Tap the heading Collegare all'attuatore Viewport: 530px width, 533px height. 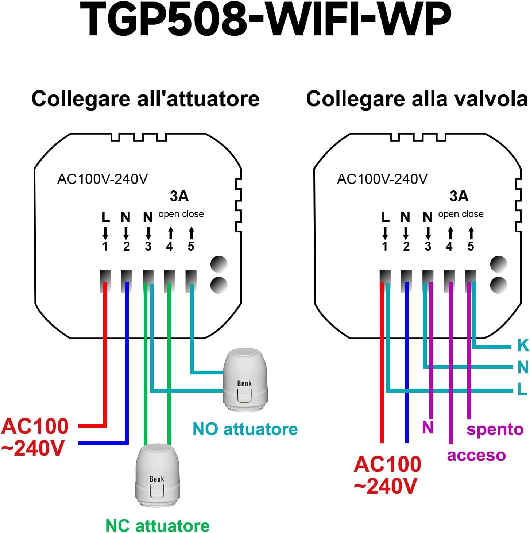[x=145, y=99]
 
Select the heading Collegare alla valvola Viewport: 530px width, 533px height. [x=417, y=99]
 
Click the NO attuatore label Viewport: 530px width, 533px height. [x=245, y=429]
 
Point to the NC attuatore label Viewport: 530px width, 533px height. [x=157, y=526]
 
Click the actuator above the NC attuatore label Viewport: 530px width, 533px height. [x=158, y=475]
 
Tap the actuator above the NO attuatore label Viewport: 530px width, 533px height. [x=245, y=380]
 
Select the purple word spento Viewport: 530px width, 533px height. [x=495, y=429]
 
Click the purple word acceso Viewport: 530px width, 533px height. [x=476, y=455]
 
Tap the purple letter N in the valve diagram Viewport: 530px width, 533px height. [x=428, y=427]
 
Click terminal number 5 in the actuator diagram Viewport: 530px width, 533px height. [x=191, y=247]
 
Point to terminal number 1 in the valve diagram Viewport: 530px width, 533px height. [x=385, y=247]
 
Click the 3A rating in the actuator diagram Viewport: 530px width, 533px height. [x=179, y=196]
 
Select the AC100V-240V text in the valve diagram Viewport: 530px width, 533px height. [x=382, y=179]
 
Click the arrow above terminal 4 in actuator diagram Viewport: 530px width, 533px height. [x=170, y=233]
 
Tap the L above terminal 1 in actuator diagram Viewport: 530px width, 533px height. [x=105, y=217]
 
